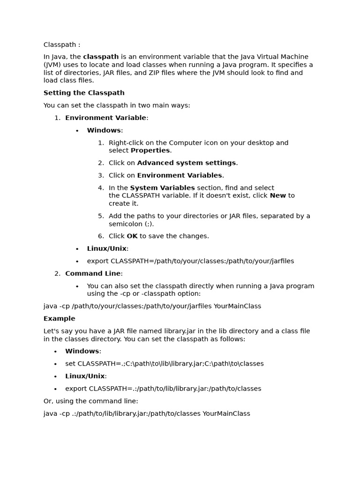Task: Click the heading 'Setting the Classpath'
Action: pos(84,93)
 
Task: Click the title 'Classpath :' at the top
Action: pos(62,45)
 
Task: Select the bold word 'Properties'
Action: pos(150,150)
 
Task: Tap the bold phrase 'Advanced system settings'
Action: pos(187,163)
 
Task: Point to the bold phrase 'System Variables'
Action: pos(162,188)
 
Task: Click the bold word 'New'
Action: pos(277,195)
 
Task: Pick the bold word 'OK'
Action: pos(132,236)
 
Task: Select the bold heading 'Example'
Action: pos(59,319)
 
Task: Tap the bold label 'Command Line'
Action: pos(93,274)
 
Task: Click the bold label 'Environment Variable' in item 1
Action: pos(105,118)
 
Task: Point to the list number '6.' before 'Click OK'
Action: pos(101,236)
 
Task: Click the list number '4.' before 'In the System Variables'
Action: pos(101,188)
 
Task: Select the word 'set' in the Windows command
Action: pos(70,364)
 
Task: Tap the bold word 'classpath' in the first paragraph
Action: pos(101,57)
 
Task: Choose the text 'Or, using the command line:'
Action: pos(91,401)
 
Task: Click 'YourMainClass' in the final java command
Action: pos(226,414)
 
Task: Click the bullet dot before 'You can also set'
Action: pos(77,286)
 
